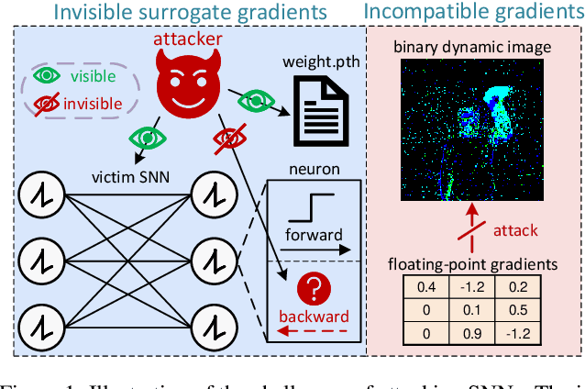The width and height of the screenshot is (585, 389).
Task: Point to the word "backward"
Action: click(314, 317)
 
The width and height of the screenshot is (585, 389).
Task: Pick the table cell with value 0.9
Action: click(474, 332)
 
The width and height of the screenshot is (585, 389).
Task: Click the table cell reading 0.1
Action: click(474, 309)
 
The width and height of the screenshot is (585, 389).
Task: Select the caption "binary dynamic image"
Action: click(473, 46)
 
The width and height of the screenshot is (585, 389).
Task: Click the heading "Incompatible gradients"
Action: click(473, 13)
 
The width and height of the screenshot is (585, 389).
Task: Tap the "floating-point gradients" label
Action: click(473, 264)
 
